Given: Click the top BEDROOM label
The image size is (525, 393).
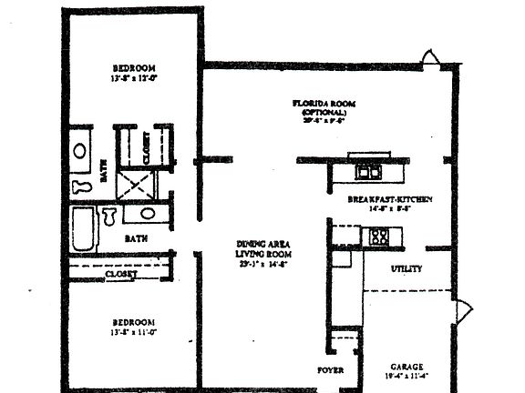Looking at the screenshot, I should [134, 68].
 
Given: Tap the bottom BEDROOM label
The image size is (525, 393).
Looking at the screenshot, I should [134, 322].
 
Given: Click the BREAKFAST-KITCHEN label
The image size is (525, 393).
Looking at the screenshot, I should [389, 198].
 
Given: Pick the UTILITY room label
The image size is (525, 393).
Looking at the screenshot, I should [406, 269].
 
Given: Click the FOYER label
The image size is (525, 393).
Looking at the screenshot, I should [329, 370].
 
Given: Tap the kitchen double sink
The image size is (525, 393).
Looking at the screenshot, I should [368, 170].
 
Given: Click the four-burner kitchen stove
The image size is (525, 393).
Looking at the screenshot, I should [377, 237].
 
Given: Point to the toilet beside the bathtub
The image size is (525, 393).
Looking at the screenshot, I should [109, 217].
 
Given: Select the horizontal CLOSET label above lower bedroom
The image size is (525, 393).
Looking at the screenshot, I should [122, 274].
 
